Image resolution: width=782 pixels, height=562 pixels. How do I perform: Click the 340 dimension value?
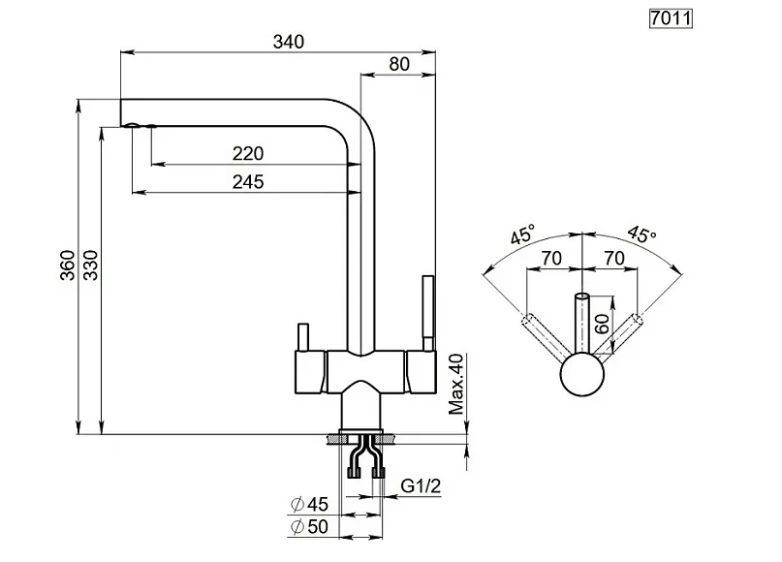pyautogui.click(x=289, y=41)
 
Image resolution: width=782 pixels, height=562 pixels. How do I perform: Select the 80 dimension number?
pyautogui.click(x=398, y=63)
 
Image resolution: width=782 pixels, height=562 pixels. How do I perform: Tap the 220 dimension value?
pyautogui.click(x=248, y=154)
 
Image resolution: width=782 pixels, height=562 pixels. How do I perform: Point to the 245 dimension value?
pyautogui.click(x=248, y=181)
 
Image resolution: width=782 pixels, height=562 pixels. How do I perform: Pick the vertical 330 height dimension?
pyautogui.click(x=90, y=267)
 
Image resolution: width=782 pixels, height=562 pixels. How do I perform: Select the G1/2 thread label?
pyautogui.click(x=422, y=484)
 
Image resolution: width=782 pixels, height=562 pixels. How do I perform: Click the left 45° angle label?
pyautogui.click(x=523, y=234)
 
